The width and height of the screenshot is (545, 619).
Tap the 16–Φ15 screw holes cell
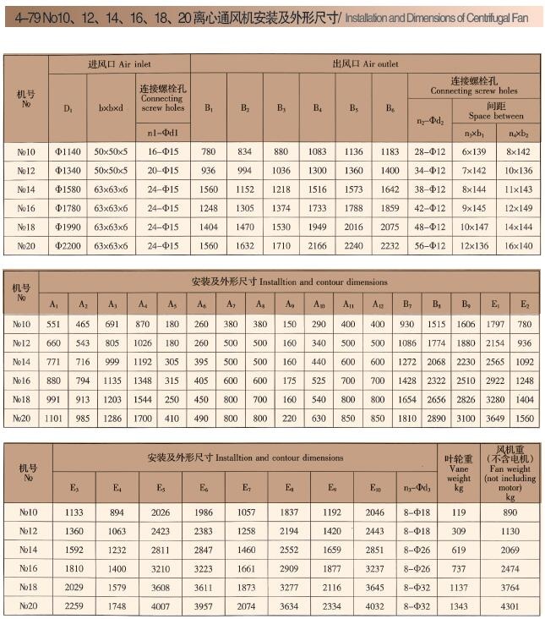point(162,151)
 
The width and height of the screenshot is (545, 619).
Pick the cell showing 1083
point(317,151)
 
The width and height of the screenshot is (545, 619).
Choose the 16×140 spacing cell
point(519,245)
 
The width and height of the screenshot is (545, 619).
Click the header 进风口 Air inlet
point(119,63)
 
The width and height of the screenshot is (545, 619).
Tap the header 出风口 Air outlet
point(365,63)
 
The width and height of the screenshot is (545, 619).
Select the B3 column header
point(281,108)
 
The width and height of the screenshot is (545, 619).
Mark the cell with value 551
point(54,324)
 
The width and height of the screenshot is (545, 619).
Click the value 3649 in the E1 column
point(493,418)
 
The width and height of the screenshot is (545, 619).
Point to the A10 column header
point(319,304)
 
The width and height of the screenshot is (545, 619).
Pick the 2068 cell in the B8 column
point(437,362)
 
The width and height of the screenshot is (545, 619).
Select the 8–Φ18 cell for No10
point(417,512)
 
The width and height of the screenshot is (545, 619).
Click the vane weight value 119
point(459,512)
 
